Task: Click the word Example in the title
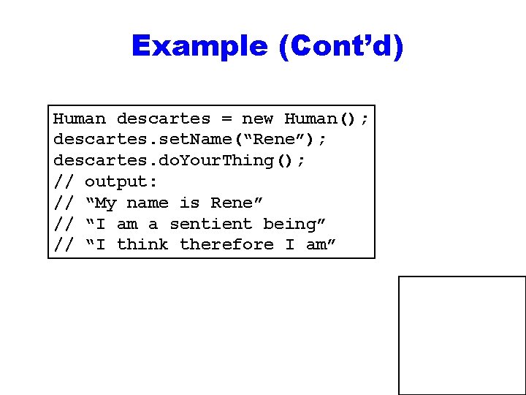(199, 46)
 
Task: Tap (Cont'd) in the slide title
(340, 46)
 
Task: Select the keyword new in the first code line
(257, 118)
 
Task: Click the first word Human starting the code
(80, 118)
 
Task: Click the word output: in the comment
(121, 181)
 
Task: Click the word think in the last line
(142, 244)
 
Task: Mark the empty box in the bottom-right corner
(462, 335)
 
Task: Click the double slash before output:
(64, 181)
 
